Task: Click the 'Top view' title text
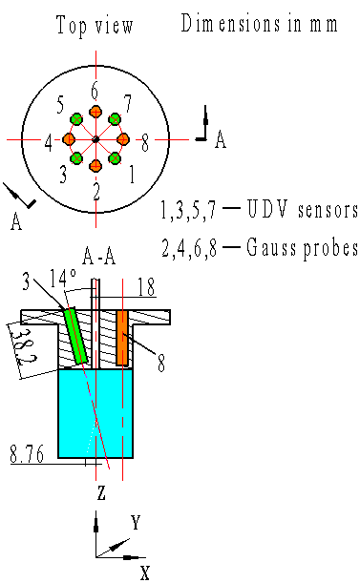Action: (95, 26)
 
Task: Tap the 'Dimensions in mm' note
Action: (259, 23)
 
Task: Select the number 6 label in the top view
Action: (95, 91)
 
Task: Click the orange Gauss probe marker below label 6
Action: (95, 112)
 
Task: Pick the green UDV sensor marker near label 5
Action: (76, 119)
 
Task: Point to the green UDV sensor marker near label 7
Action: (115, 119)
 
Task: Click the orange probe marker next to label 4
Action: (69, 139)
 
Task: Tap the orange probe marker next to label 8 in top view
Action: (123, 139)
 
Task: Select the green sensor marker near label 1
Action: (115, 158)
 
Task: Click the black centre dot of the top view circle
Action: (95, 139)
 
